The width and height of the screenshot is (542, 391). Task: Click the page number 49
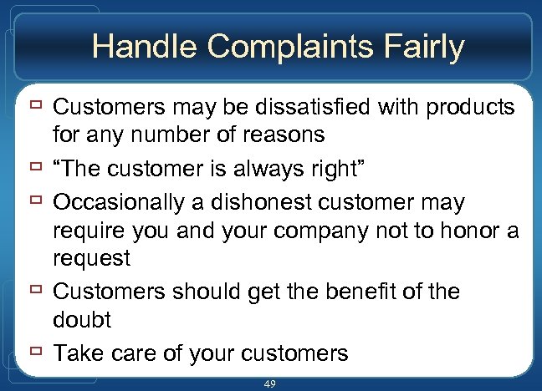(269, 383)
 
